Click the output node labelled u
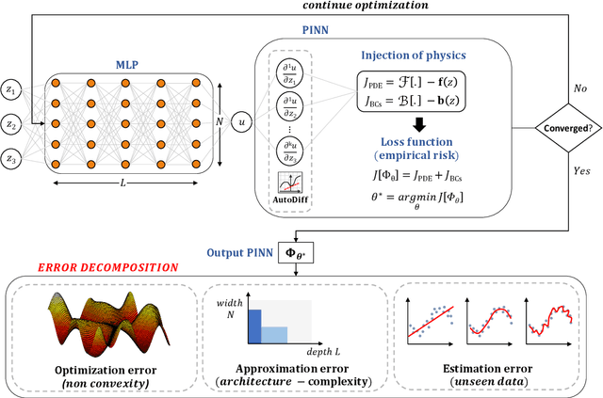(242, 122)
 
